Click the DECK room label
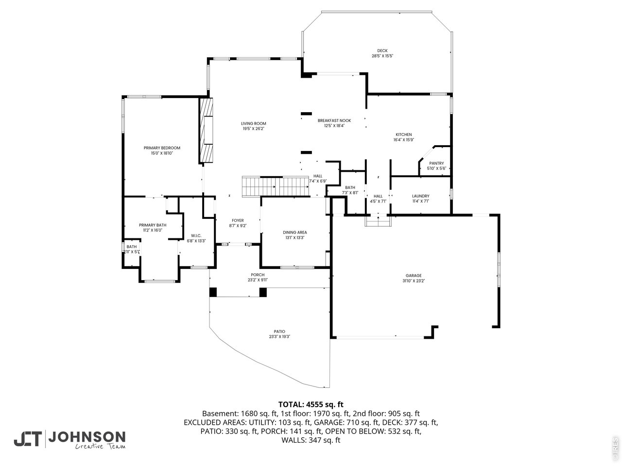pos(382,50)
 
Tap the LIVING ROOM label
pos(254,123)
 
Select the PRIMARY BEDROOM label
pos(162,148)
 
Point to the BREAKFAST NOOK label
pos(334,120)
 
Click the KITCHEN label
pos(403,134)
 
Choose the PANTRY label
pos(436,163)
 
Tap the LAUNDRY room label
pos(420,196)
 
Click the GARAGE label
pos(414,275)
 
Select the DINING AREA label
pos(294,232)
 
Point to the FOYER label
pos(238,220)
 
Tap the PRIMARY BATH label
pos(153,225)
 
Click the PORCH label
pos(258,275)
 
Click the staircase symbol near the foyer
pos(276,186)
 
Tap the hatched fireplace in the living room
pos(207,130)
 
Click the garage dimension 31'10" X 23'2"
pos(414,281)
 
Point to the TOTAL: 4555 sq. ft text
pos(311,404)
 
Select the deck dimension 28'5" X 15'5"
pos(382,56)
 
